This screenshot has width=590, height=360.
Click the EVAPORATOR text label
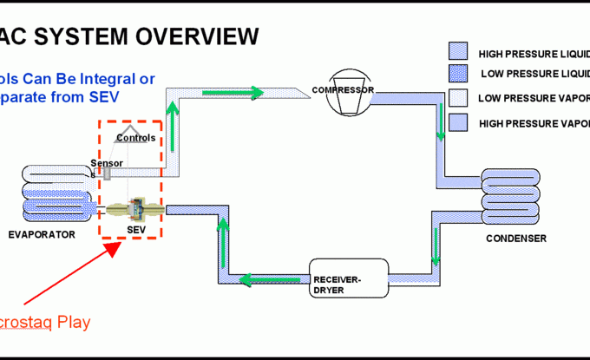pyautogui.click(x=42, y=234)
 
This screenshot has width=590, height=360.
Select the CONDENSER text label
pyautogui.click(x=516, y=239)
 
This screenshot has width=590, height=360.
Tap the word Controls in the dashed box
pyautogui.click(x=135, y=137)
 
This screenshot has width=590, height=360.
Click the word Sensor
pyautogui.click(x=106, y=162)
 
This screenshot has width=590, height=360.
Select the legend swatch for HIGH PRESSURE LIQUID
pyautogui.click(x=457, y=50)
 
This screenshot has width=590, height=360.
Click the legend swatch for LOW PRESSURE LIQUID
pyautogui.click(x=457, y=73)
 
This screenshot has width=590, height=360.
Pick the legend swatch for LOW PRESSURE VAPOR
pyautogui.click(x=457, y=97)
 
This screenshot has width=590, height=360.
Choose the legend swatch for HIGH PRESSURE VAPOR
pyautogui.click(x=457, y=121)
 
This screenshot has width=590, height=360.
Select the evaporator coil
pyautogui.click(x=52, y=196)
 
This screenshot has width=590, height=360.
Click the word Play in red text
pyautogui.click(x=70, y=322)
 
